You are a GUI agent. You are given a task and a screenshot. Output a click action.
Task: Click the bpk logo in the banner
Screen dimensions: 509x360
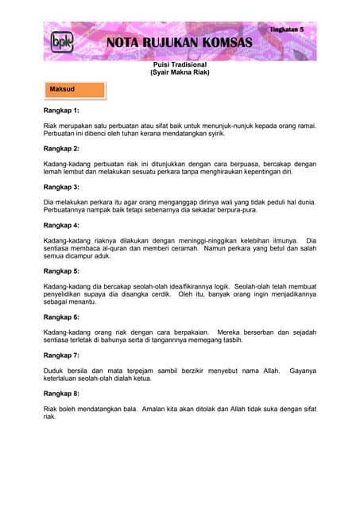tap(60, 42)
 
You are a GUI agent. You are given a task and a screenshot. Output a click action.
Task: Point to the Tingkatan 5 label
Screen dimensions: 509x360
tap(292, 28)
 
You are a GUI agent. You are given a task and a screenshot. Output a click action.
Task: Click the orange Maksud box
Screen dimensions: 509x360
tap(74, 89)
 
